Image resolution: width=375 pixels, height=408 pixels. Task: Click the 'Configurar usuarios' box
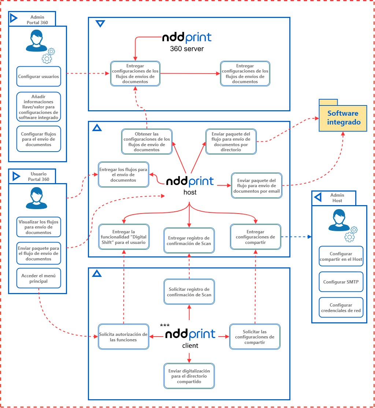[38, 77]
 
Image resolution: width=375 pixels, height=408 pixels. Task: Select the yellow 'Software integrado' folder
[344, 118]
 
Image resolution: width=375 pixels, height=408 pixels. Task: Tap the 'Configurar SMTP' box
[341, 282]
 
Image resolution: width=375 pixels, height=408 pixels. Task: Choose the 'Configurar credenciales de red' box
[341, 308]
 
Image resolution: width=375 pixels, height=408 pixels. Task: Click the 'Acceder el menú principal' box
[38, 279]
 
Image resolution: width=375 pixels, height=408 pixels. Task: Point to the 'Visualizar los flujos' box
[38, 227]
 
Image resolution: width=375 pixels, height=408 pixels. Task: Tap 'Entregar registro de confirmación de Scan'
[189, 241]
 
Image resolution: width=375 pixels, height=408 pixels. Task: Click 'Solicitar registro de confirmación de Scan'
[189, 292]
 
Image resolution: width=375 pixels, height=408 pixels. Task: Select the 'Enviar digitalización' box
[189, 376]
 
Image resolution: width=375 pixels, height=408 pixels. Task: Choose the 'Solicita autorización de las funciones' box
[123, 337]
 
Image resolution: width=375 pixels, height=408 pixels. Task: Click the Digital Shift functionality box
[124, 237]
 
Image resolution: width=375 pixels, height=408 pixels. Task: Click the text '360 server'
[187, 48]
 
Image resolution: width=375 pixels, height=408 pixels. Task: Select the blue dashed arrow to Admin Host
[296, 237]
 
